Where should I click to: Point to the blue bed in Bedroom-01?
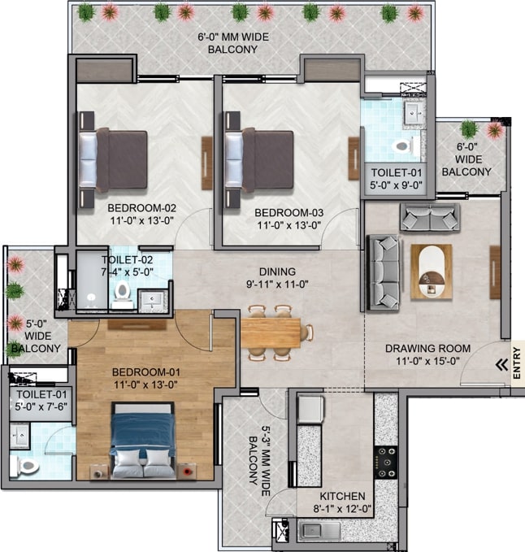pyautogui.click(x=143, y=440)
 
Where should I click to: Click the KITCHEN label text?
pyautogui.click(x=342, y=496)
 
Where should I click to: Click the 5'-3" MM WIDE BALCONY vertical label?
pyautogui.click(x=258, y=463)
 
